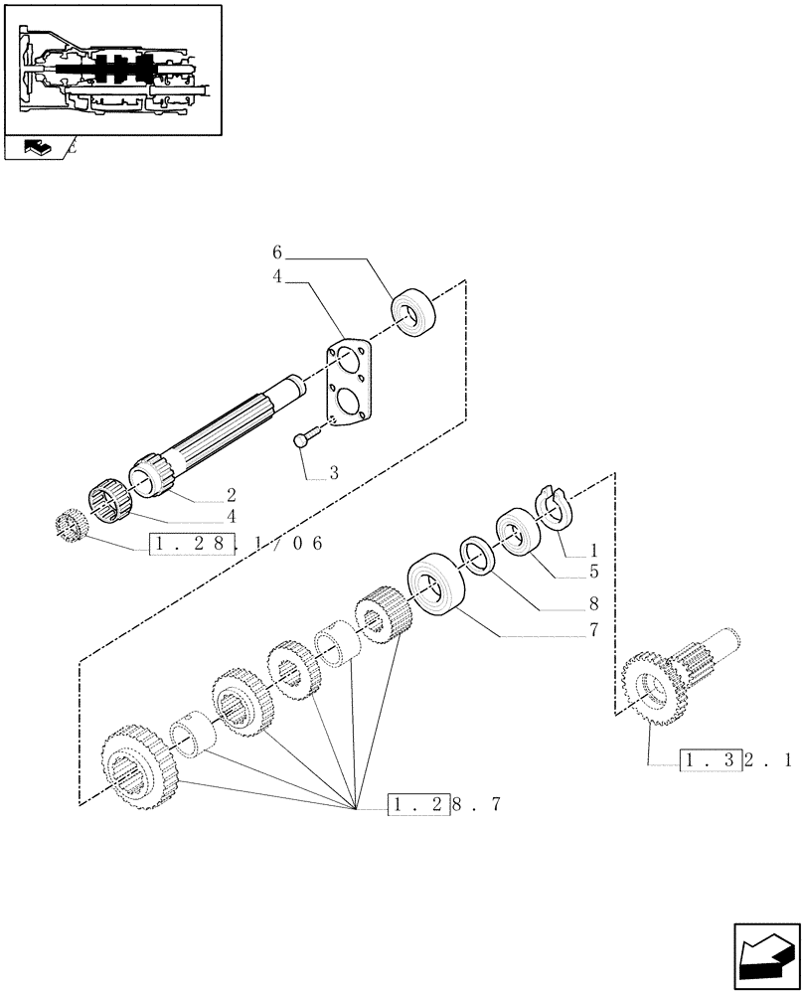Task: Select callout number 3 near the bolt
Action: point(333,474)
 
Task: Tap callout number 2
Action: point(231,494)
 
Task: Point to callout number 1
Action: point(594,550)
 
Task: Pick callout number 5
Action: point(594,572)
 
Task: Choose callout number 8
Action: point(594,602)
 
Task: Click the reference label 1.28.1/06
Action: point(236,544)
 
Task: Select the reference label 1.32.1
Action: point(735,761)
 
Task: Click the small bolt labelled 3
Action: point(305,437)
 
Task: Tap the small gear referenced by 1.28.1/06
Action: point(70,524)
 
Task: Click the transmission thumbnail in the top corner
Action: point(110,69)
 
